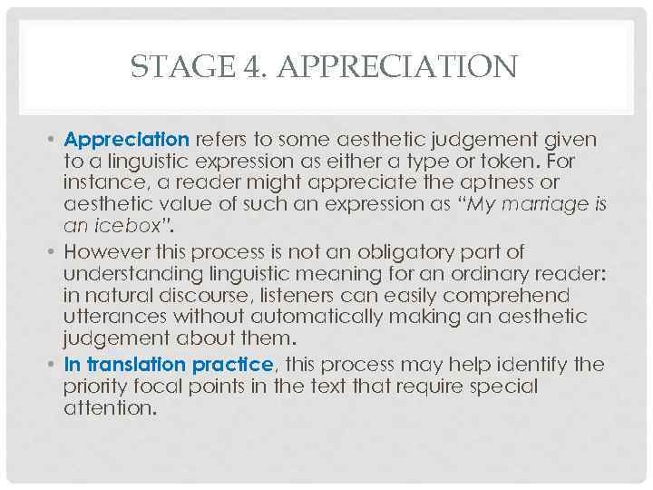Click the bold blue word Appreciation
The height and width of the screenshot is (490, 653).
point(127,141)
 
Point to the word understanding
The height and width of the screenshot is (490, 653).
point(128,273)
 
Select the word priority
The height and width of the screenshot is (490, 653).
point(96,387)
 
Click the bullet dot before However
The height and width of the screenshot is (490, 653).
point(54,252)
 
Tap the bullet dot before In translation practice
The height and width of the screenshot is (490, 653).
point(54,366)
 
